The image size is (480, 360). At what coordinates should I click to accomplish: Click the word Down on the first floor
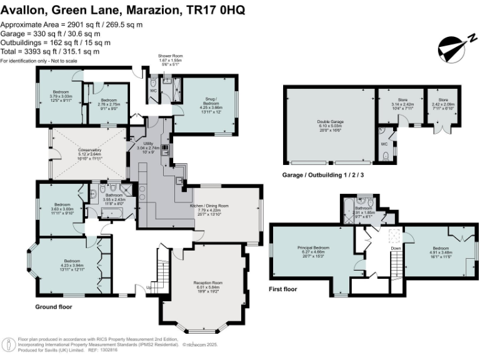coord(396,248)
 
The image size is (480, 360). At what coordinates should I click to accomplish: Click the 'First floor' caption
coord(284,289)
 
